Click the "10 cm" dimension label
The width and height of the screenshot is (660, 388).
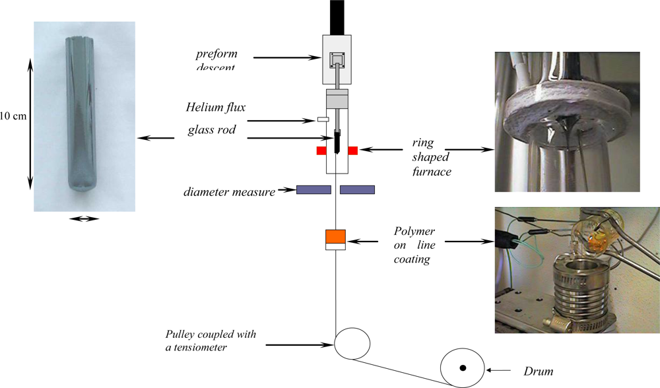tap(13, 117)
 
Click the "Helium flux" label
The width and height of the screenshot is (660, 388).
tap(214, 107)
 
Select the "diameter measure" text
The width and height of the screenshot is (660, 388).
tap(229, 193)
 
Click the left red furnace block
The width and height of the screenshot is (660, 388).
tap(321, 150)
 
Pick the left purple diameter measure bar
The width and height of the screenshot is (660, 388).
tap(313, 190)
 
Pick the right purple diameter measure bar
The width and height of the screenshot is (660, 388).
tap(357, 190)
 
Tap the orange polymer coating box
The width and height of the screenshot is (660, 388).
tap(335, 236)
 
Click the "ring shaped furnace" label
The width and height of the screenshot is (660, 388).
tap(431, 156)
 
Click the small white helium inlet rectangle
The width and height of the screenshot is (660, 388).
tap(323, 119)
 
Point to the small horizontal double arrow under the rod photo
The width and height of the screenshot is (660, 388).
tap(84, 219)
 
